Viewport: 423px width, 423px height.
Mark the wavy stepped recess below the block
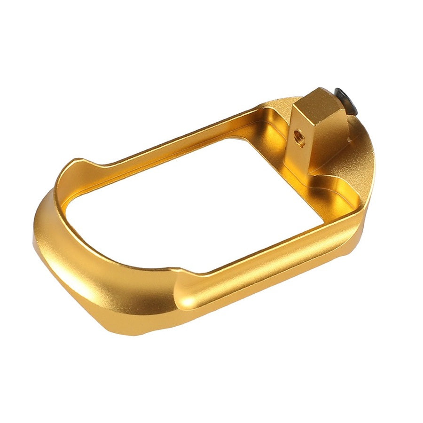329,183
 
